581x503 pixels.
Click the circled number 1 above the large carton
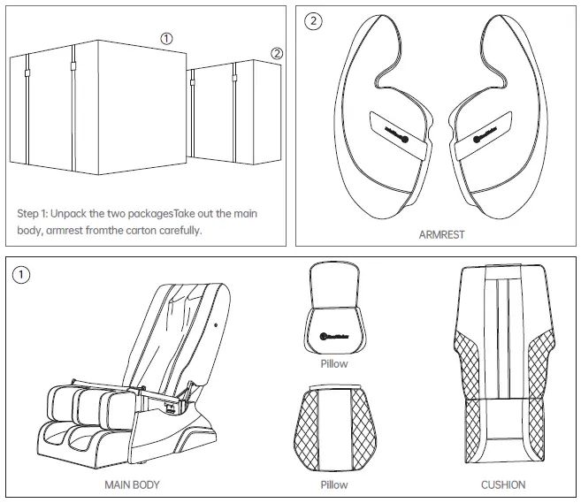[166, 37]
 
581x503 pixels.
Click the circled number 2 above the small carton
[277, 53]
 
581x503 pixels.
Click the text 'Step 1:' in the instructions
[33, 214]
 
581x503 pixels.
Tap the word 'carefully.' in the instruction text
[181, 230]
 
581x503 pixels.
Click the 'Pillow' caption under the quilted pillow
[333, 484]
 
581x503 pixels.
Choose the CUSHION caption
[502, 484]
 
